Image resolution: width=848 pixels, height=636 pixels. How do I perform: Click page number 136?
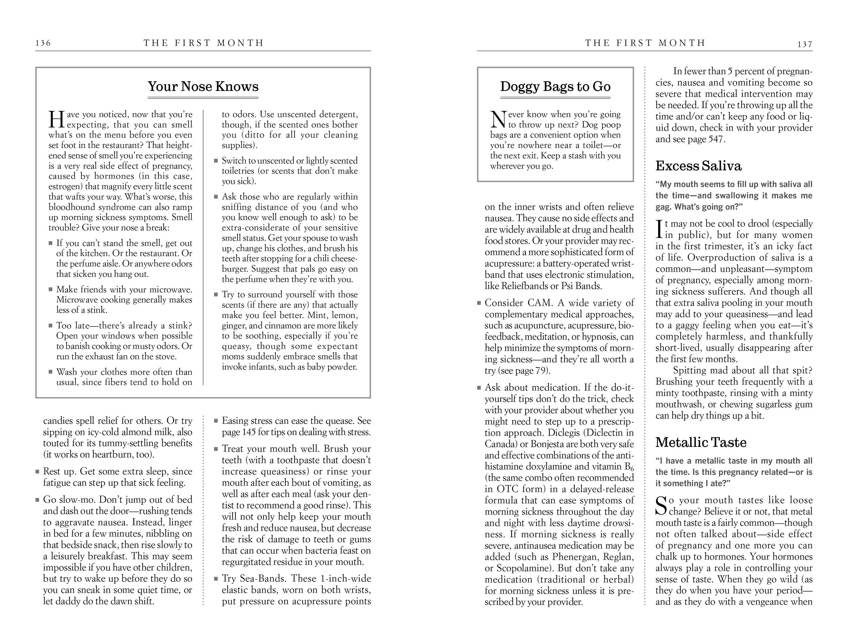coord(43,43)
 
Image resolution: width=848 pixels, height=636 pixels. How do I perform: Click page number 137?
coord(805,44)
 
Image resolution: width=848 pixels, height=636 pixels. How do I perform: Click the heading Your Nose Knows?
coord(203,87)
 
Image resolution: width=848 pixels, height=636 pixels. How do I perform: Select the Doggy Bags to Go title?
coord(555,87)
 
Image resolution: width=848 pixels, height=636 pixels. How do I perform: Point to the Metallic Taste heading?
coord(701,442)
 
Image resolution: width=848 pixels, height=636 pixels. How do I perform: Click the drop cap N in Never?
coord(498,120)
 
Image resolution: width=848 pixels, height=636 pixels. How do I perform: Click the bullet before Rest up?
coord(38,472)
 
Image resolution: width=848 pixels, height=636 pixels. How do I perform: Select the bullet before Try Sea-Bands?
coord(216,579)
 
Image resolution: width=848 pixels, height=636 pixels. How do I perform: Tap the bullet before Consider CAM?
coord(479,303)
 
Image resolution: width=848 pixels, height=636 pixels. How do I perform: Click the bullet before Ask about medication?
coord(479,387)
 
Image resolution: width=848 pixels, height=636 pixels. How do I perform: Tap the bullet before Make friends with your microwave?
coord(51,289)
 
